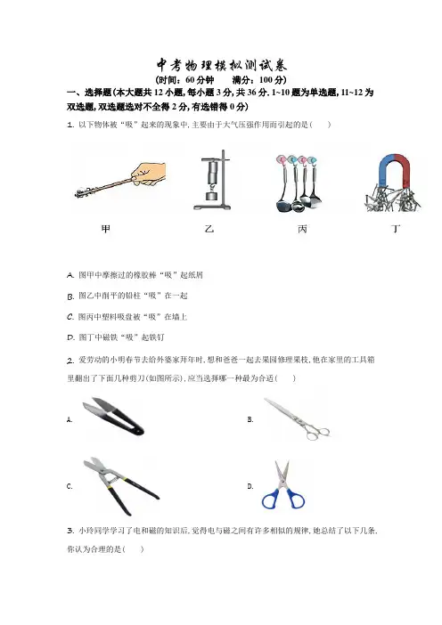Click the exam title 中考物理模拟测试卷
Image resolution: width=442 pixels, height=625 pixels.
[221, 65]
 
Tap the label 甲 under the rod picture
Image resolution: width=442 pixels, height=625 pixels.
[106, 229]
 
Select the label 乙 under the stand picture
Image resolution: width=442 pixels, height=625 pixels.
[209, 229]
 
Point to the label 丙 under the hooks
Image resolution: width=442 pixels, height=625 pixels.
[302, 229]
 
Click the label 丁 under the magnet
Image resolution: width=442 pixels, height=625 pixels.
[396, 229]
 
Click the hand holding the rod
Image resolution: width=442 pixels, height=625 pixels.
[149, 175]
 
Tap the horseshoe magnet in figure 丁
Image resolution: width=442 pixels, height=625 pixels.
[394, 168]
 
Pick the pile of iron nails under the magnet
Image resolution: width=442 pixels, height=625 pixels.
[392, 199]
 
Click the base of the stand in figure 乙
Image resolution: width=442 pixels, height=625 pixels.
[212, 207]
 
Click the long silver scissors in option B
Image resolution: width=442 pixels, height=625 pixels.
[297, 418]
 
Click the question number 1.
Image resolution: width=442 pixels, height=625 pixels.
[70, 125]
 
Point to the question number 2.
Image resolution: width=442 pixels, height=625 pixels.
[70, 361]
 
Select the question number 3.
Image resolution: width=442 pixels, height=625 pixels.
[70, 531]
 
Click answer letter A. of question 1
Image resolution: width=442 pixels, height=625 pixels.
[70, 275]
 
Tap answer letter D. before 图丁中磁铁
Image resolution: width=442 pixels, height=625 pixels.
[70, 337]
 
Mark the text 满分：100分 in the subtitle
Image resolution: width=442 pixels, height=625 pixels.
[259, 80]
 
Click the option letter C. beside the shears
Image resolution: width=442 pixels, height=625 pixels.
[70, 486]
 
